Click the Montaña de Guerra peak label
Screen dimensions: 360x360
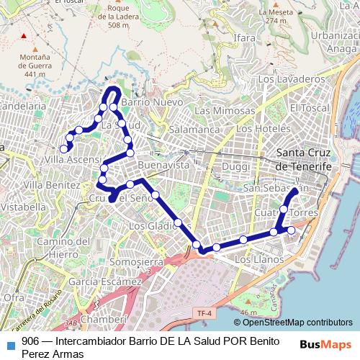(x=35, y=65)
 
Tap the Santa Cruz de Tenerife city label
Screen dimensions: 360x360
(x=305, y=159)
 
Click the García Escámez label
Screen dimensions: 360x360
(x=107, y=282)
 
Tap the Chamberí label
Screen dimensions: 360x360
(x=104, y=318)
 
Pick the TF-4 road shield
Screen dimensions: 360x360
(x=204, y=313)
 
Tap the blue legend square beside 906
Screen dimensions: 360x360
(x=10, y=341)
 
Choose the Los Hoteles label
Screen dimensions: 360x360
(x=263, y=128)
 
